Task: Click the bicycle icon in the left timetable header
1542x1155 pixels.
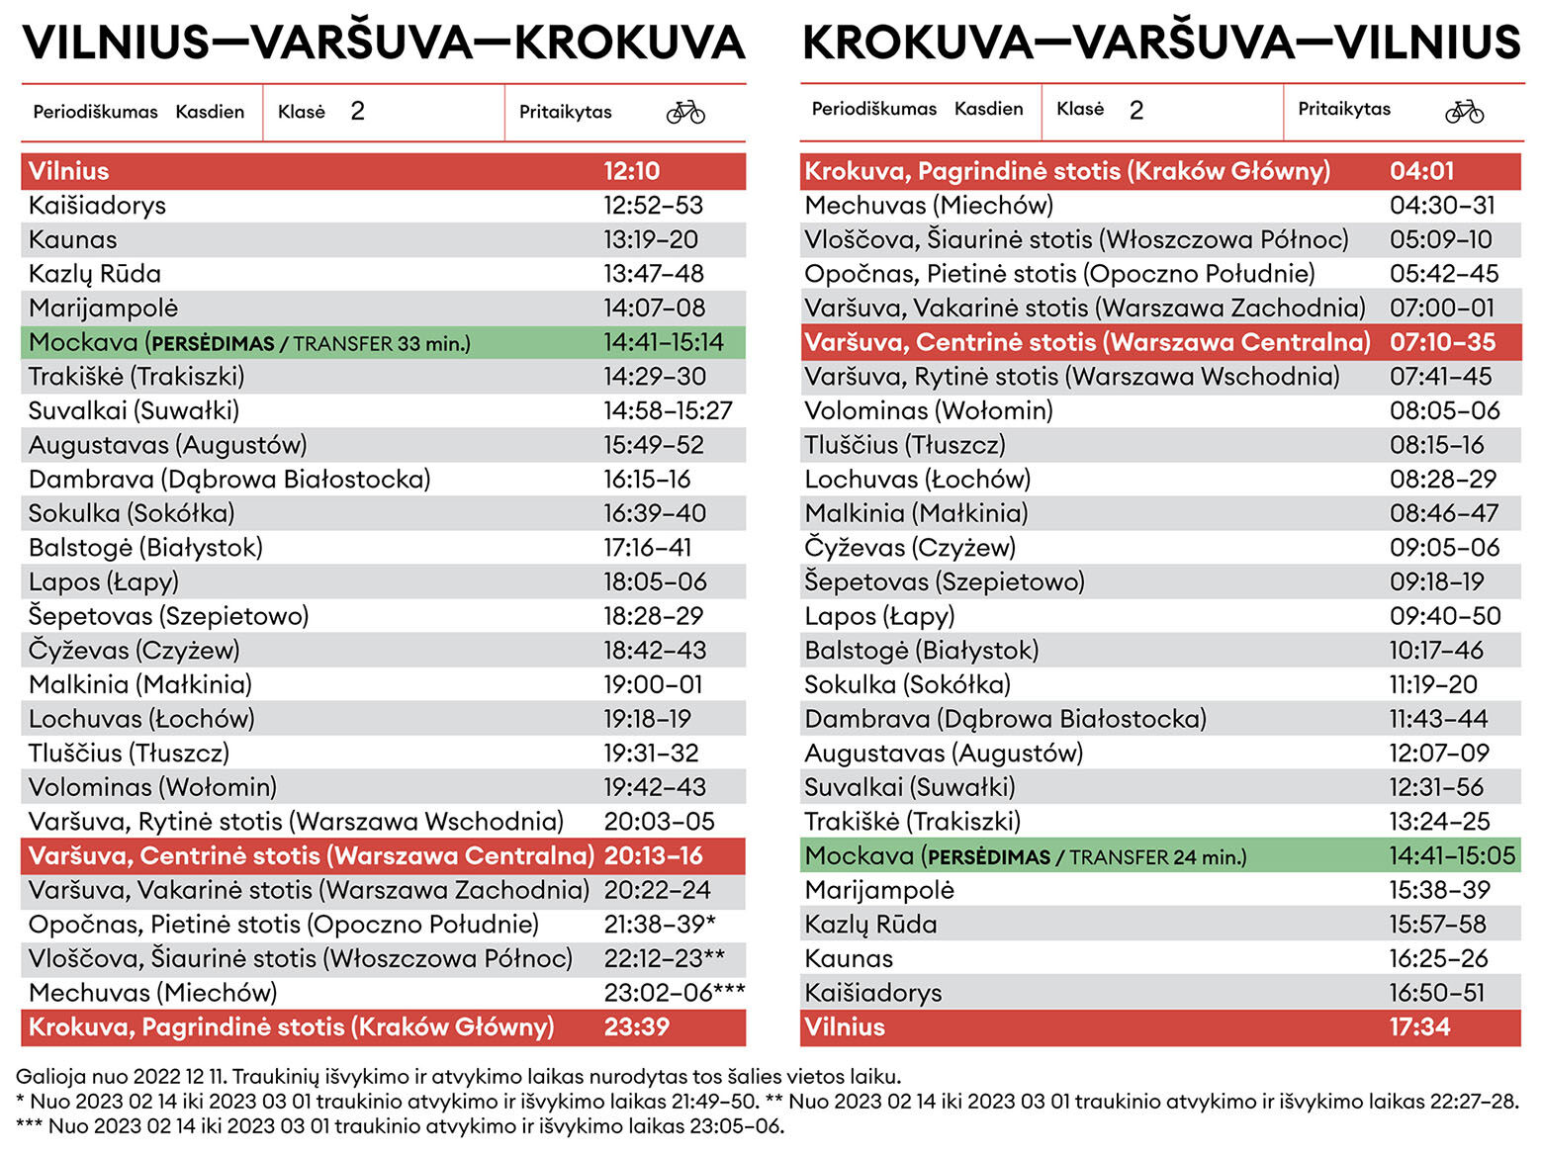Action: click(685, 112)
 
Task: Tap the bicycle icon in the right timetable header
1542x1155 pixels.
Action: click(1464, 111)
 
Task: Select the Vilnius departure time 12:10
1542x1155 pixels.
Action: click(631, 171)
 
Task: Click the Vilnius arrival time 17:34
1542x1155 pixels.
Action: click(1419, 1026)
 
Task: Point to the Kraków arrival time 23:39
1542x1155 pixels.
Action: click(636, 1026)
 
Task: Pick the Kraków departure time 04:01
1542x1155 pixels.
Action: click(1421, 171)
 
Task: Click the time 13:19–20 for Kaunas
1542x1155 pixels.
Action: click(650, 239)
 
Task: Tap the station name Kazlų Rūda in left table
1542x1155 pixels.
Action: click(94, 274)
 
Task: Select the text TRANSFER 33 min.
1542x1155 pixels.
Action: click(382, 344)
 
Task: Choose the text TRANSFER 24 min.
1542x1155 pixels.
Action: click(1157, 857)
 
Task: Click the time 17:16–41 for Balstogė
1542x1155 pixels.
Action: click(647, 548)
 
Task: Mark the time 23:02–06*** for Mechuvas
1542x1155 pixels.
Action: click(674, 993)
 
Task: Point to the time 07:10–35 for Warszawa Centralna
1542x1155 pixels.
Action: click(1442, 342)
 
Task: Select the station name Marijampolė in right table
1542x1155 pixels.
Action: click(878, 890)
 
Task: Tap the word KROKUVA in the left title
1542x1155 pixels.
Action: click(629, 43)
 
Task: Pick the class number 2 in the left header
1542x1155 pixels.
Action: click(357, 111)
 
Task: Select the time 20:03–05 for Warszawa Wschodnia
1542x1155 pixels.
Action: click(659, 822)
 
